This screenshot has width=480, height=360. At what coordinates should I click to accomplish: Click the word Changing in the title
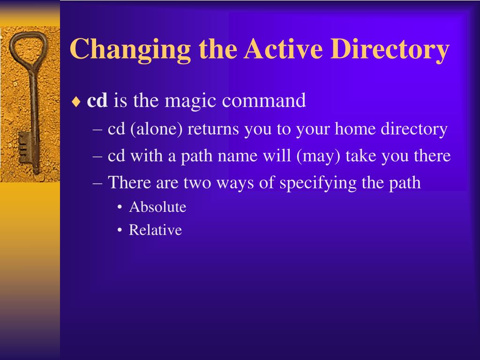[x=130, y=50]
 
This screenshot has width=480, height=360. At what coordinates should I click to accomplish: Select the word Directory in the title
[x=390, y=50]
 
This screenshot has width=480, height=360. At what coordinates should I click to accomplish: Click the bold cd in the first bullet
[x=97, y=100]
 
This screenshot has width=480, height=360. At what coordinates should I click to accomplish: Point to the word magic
[x=190, y=102]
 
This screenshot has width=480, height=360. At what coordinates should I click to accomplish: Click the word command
[x=263, y=100]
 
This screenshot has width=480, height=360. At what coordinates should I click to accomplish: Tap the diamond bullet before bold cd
[x=76, y=102]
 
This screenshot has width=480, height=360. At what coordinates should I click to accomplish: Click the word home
[x=355, y=128]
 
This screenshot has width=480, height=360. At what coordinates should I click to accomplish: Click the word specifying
[x=318, y=183]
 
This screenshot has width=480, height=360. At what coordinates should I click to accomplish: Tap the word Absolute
[x=157, y=207]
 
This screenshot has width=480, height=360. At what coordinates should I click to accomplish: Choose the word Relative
[x=155, y=230]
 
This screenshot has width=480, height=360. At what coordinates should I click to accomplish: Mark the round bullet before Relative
[x=120, y=230]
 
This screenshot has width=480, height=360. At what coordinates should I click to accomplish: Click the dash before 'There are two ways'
[x=97, y=183]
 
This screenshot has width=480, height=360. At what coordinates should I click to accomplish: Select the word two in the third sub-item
[x=197, y=183]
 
